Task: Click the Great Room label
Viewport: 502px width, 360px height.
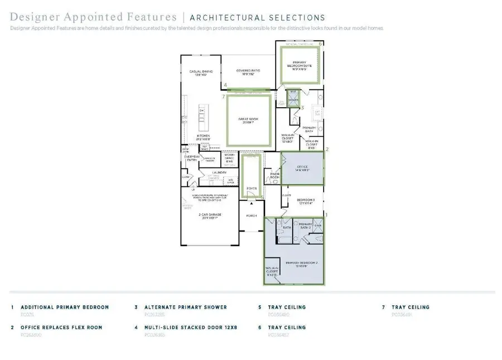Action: pos(248,120)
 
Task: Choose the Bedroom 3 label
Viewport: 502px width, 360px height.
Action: pos(306,201)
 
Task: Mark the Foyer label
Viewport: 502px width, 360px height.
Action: pos(252,189)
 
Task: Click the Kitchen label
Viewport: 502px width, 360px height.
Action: pos(203,137)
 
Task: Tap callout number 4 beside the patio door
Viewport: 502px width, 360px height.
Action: pos(225,85)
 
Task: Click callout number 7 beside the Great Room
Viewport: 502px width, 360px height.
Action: pos(223,97)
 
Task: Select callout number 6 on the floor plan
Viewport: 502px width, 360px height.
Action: pos(320,43)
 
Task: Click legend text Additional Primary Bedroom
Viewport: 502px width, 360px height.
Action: pos(65,307)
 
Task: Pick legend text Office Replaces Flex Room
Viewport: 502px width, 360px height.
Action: pos(61,327)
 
